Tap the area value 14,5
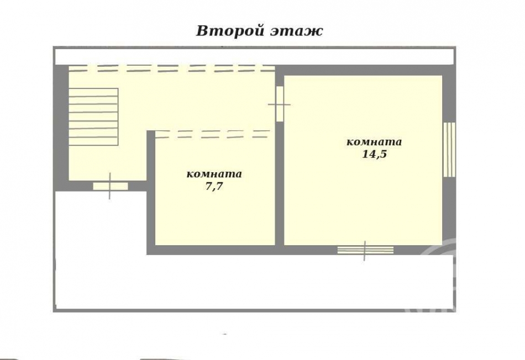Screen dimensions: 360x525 (x=374, y=155)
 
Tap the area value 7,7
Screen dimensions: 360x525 (x=214, y=187)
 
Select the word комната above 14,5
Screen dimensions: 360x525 (x=374, y=142)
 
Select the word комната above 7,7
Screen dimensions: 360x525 (x=214, y=174)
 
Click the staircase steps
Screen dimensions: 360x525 (x=93, y=117)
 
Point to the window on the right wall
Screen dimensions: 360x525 (x=449, y=150)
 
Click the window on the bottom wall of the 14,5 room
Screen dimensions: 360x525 (x=365, y=250)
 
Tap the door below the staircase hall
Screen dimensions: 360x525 (x=110, y=186)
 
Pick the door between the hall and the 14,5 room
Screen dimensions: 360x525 (x=280, y=104)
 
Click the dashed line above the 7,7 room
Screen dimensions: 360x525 (x=213, y=134)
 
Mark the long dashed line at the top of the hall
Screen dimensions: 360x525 (x=171, y=68)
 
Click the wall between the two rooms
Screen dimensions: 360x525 (x=280, y=182)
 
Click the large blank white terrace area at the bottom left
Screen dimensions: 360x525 (x=99, y=248)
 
